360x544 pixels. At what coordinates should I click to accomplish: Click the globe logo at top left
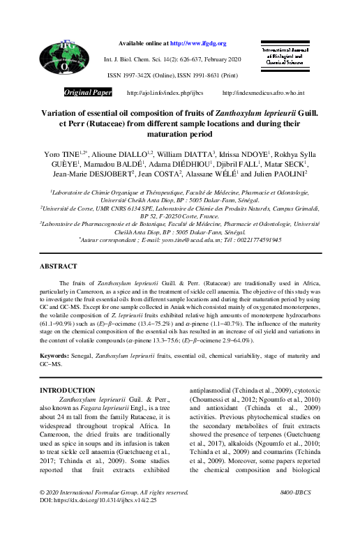coord(63,59)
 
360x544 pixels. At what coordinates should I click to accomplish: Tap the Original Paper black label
coord(88,92)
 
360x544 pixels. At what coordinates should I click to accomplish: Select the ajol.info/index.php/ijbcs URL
coord(164,92)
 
